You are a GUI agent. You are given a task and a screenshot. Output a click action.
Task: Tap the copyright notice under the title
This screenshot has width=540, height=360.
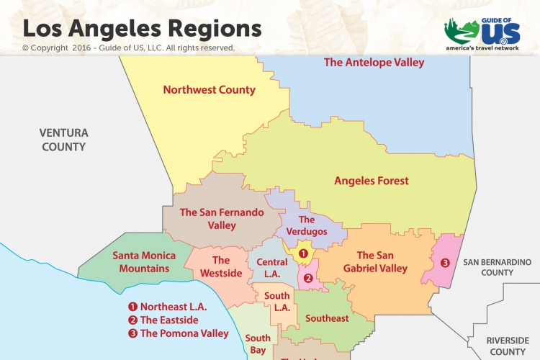(x=128, y=48)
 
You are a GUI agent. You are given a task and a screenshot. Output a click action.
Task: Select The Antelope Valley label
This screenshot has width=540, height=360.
(x=374, y=63)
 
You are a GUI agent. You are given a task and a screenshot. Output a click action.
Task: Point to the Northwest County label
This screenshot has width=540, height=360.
(x=209, y=90)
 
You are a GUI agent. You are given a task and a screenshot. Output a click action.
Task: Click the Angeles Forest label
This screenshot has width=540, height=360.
(x=371, y=181)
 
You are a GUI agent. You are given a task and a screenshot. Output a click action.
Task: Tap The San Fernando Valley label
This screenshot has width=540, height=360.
(x=222, y=219)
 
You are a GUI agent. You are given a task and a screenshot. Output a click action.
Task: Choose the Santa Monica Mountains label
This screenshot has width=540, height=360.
(x=141, y=262)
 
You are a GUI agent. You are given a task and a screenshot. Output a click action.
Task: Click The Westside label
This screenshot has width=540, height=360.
(x=221, y=266)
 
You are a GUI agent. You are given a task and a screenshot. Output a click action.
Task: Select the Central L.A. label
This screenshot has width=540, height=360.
(x=272, y=268)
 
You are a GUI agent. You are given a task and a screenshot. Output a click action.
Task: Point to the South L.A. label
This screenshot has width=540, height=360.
(x=277, y=302)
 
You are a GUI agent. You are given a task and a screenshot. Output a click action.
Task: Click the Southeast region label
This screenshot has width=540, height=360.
(x=327, y=318)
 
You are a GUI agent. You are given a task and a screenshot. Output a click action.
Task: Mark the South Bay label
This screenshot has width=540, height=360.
(x=258, y=344)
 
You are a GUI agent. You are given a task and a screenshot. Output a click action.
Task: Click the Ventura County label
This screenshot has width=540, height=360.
(x=63, y=140)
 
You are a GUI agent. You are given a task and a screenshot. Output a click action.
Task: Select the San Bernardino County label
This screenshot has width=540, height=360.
(x=497, y=267)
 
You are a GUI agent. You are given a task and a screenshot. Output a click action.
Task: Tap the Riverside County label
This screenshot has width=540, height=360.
(x=508, y=346)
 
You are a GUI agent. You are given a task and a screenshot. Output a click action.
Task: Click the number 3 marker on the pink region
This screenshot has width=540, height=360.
(x=445, y=263)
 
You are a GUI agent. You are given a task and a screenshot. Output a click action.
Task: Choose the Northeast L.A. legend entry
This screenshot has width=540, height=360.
(x=174, y=307)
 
